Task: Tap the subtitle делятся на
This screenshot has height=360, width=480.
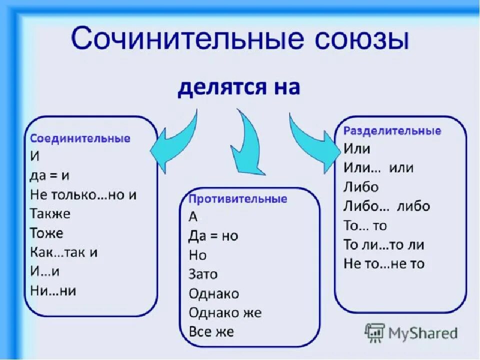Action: tap(239, 88)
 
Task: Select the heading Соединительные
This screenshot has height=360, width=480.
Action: tap(80, 138)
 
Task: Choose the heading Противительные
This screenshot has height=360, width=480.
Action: tap(238, 199)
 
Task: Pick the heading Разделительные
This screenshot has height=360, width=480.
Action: tap(392, 131)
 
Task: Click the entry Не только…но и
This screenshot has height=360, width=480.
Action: tap(83, 195)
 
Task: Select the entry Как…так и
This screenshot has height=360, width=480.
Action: tap(64, 252)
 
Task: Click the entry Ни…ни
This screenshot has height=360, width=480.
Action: tap(53, 290)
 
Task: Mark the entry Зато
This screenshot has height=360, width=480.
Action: tap(203, 274)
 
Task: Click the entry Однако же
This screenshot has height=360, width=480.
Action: tap(225, 313)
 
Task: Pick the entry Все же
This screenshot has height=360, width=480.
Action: tap(211, 331)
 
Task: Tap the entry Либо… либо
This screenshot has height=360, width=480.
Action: tap(386, 206)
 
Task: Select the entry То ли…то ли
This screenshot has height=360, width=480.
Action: tap(383, 244)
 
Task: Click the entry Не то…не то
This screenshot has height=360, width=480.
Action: tap(383, 263)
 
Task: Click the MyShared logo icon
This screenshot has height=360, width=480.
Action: tap(375, 332)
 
